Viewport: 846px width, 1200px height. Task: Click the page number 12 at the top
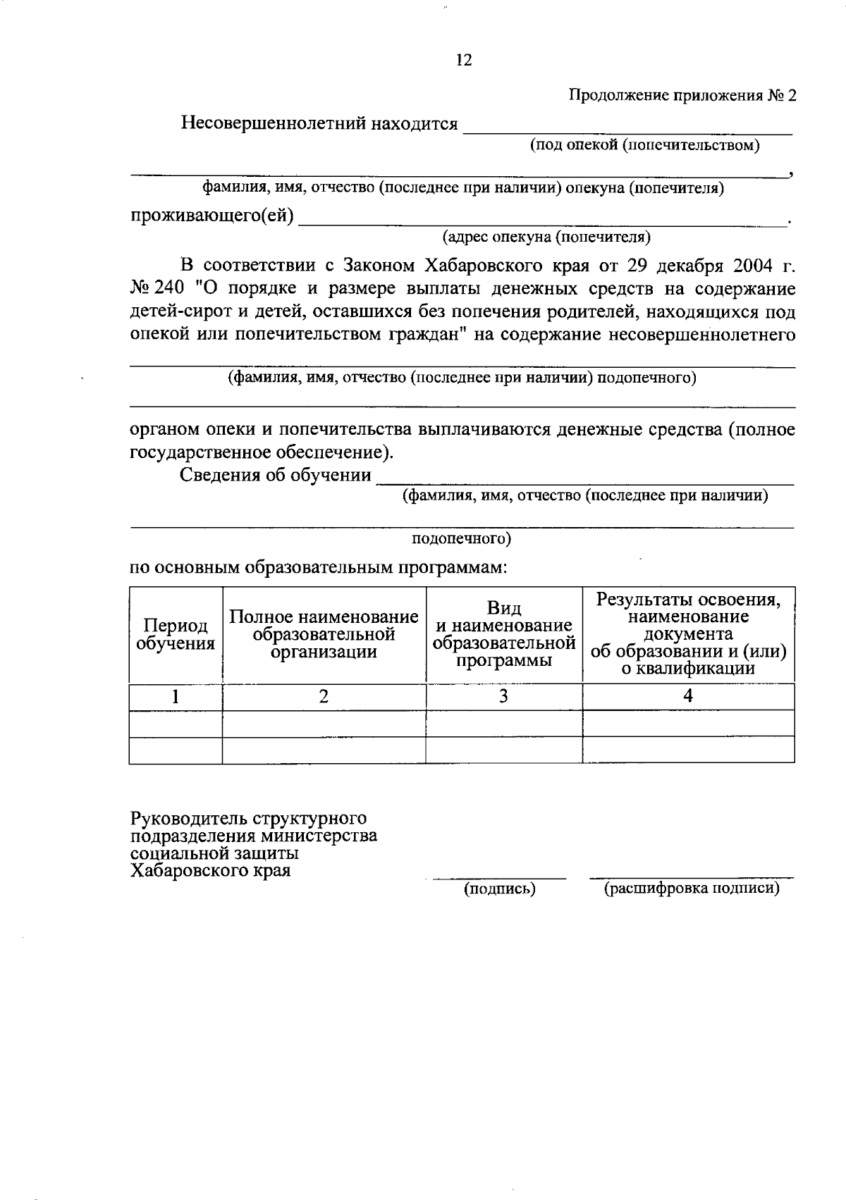pyautogui.click(x=463, y=60)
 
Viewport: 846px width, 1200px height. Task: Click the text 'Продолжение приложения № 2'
pyautogui.click(x=682, y=96)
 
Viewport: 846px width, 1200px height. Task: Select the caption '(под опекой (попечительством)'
pyautogui.click(x=644, y=145)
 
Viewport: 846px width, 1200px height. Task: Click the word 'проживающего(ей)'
pyautogui.click(x=212, y=215)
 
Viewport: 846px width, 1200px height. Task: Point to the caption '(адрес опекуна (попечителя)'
pyautogui.click(x=546, y=237)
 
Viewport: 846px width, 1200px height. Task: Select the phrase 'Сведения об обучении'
pyautogui.click(x=276, y=475)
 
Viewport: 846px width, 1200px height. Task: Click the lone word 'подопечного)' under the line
pyautogui.click(x=461, y=539)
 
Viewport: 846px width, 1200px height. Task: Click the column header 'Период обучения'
pyautogui.click(x=176, y=634)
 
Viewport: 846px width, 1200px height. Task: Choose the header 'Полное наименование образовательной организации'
pyautogui.click(x=324, y=634)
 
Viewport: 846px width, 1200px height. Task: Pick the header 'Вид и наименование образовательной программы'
pyautogui.click(x=504, y=634)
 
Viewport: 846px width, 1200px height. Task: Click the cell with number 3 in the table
pyautogui.click(x=503, y=696)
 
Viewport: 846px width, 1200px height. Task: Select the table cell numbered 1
pyautogui.click(x=175, y=696)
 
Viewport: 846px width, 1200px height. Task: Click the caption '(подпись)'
pyautogui.click(x=499, y=889)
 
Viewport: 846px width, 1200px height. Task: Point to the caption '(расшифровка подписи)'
pyautogui.click(x=692, y=889)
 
